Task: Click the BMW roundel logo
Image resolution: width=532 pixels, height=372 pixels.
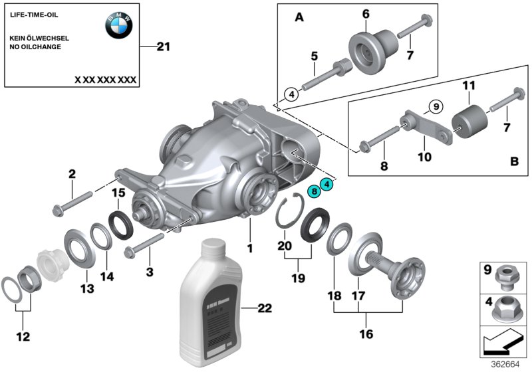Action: point(119,26)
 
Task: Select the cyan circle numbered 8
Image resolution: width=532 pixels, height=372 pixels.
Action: point(313,191)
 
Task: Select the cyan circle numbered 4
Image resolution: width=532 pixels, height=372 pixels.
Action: point(327,185)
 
